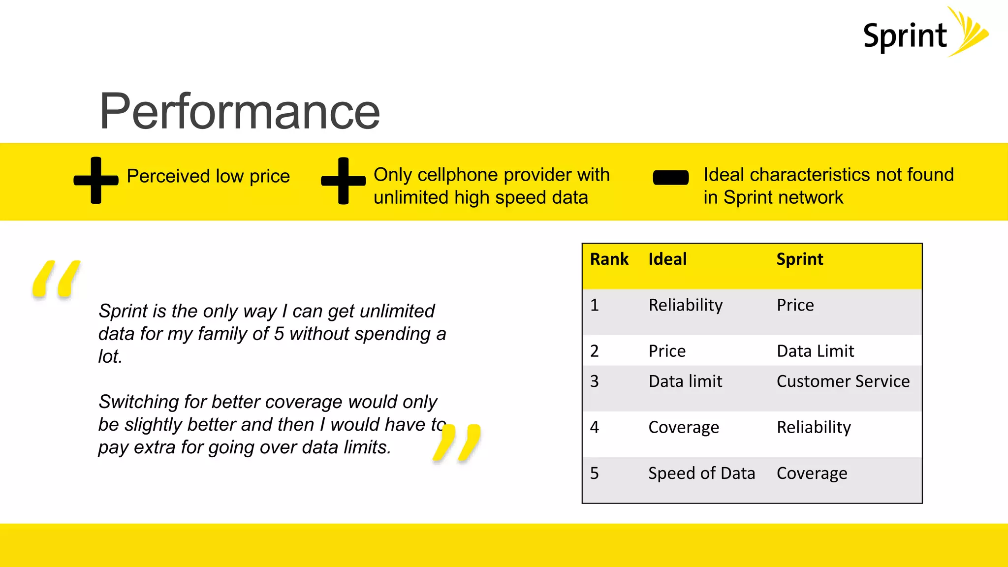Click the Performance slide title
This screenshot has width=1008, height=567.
240,112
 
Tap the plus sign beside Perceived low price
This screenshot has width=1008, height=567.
96,180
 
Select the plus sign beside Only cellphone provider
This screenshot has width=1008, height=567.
344,181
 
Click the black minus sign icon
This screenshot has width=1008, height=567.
670,178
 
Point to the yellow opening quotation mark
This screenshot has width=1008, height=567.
56,279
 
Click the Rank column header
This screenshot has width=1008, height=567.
609,259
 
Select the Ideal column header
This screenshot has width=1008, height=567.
667,259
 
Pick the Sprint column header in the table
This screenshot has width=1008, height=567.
799,259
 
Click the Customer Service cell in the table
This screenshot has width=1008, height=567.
843,381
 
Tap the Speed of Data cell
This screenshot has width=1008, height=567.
701,473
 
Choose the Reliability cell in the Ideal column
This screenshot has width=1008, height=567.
685,305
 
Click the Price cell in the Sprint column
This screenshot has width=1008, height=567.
795,305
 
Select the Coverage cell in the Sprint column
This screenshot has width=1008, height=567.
812,473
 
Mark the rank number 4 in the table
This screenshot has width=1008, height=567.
595,427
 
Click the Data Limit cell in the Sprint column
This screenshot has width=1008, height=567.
815,351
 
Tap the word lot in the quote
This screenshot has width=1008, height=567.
109,356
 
